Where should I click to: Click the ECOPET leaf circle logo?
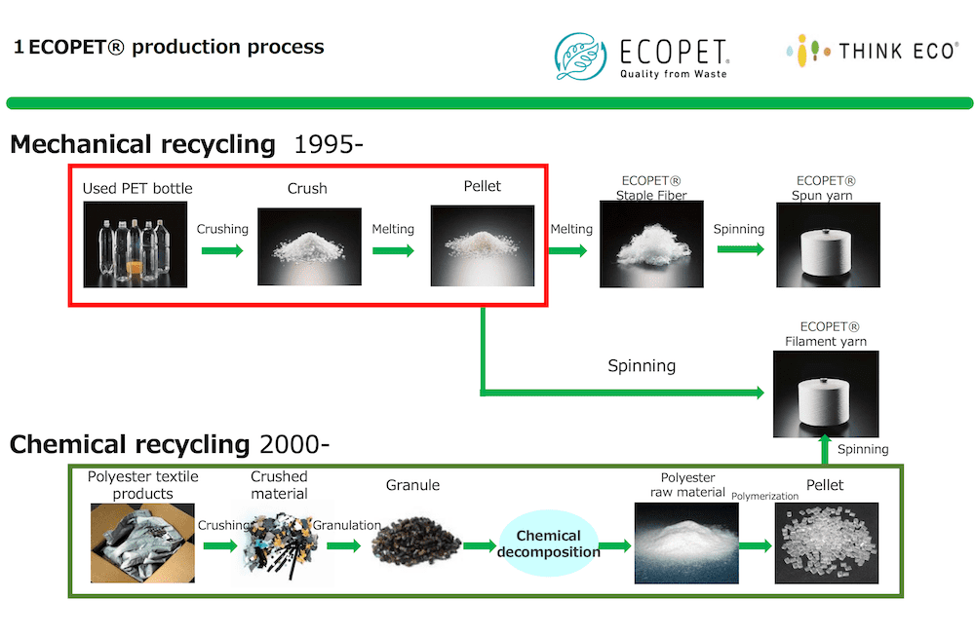[x=582, y=55]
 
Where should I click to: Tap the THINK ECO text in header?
[x=898, y=51]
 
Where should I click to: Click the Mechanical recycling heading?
[x=142, y=145]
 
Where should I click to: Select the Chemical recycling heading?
[x=130, y=445]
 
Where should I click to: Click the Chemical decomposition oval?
[x=548, y=544]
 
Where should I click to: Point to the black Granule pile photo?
[x=416, y=542]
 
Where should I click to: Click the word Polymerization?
[x=764, y=496]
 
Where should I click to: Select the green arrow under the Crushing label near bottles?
[x=222, y=250]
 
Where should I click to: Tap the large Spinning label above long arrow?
[x=642, y=366]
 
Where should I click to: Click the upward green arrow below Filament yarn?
[x=825, y=450]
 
